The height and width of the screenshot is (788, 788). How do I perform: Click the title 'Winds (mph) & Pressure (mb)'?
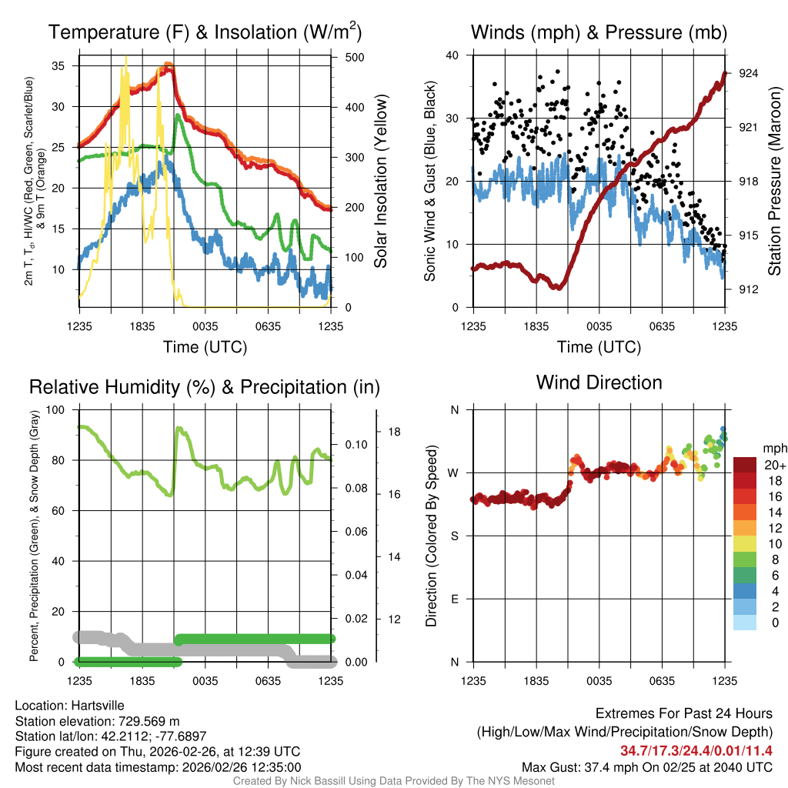pyautogui.click(x=599, y=33)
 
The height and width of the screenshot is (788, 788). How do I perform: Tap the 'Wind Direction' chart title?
pyautogui.click(x=599, y=382)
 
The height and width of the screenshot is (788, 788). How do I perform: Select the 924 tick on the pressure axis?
pyautogui.click(x=749, y=73)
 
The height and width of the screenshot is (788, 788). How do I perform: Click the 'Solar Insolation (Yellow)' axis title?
pyautogui.click(x=380, y=182)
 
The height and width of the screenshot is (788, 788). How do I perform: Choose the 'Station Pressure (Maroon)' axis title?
pyautogui.click(x=774, y=182)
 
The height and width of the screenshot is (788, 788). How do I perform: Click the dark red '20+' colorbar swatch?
pyautogui.click(x=746, y=465)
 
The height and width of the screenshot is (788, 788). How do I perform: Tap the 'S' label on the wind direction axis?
pyautogui.click(x=454, y=536)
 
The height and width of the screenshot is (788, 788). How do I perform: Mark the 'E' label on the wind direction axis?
pyautogui.click(x=454, y=599)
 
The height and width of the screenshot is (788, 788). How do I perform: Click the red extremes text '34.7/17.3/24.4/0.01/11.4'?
pyautogui.click(x=696, y=750)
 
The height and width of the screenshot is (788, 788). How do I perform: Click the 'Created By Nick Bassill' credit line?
pyautogui.click(x=393, y=780)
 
